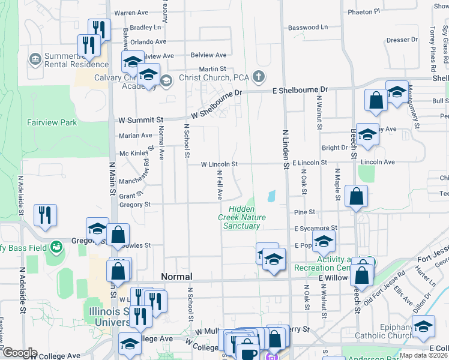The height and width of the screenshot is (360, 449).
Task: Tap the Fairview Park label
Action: [52, 122]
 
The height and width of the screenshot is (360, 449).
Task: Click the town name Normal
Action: [176, 277]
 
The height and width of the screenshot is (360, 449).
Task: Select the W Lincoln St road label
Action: [219, 164]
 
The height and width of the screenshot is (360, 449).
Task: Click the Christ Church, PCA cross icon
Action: [258, 77]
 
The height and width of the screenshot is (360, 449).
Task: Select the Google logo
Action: [20, 353]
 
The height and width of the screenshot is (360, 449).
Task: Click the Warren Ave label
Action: [131, 12]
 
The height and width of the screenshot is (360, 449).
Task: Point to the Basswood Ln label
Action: [308, 28]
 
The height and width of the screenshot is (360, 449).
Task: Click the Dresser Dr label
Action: [402, 40]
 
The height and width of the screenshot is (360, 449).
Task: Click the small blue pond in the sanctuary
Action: [272, 196]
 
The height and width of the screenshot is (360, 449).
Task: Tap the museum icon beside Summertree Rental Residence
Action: [35, 59]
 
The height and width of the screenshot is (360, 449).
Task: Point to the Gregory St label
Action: [134, 205]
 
